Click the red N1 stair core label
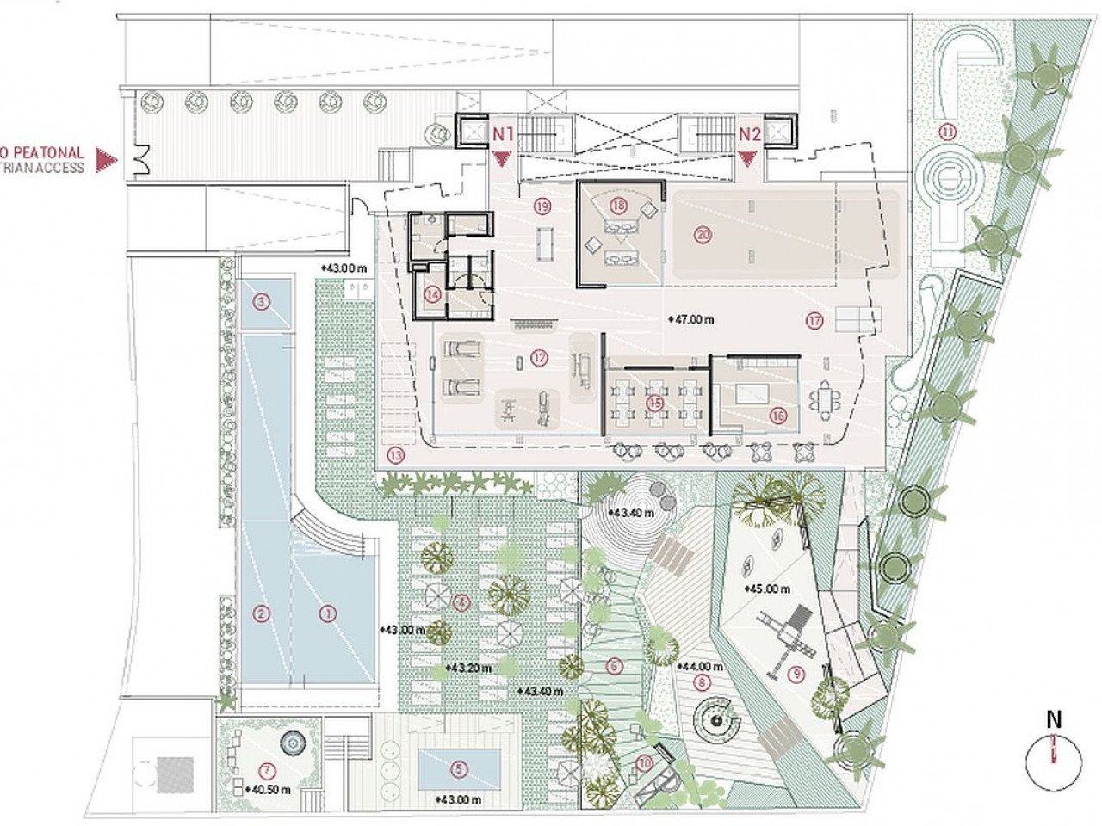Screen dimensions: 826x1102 pyautogui.click(x=503, y=134)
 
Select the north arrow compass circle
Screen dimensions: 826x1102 pyautogui.click(x=1052, y=758)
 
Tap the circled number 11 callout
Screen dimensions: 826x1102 pyautogui.click(x=947, y=132)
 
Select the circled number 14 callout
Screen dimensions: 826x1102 pyautogui.click(x=432, y=293)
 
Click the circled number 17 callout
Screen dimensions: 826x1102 pyautogui.click(x=815, y=321)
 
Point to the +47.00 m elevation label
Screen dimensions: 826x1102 pyautogui.click(x=692, y=319)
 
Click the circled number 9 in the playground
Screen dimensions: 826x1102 pyautogui.click(x=796, y=675)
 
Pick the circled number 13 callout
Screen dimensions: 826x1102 pyautogui.click(x=396, y=456)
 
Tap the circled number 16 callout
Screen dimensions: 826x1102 pyautogui.click(x=779, y=415)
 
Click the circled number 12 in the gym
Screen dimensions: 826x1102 pyautogui.click(x=540, y=356)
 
